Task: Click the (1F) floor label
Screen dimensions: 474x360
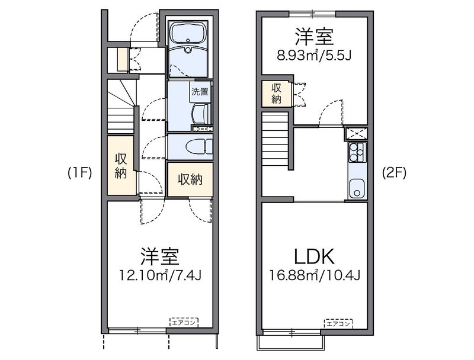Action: (79, 173)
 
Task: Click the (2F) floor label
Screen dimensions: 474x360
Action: (394, 173)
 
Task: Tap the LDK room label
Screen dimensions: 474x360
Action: (315, 256)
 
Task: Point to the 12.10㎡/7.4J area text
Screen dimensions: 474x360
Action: (160, 275)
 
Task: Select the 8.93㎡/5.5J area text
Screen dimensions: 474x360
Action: (314, 56)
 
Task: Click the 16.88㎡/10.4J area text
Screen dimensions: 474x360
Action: (315, 275)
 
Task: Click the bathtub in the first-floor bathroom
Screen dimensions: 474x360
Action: (188, 33)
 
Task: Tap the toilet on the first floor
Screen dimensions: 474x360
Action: (197, 146)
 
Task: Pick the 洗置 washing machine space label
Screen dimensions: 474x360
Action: (200, 92)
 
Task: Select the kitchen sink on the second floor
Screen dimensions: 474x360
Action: (357, 189)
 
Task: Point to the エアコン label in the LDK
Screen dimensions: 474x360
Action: (338, 324)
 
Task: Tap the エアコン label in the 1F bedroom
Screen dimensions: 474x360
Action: (184, 323)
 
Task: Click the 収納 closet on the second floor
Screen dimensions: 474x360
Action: (276, 94)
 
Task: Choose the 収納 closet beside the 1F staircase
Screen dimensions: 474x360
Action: (121, 166)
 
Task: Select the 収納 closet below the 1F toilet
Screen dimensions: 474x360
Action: (190, 179)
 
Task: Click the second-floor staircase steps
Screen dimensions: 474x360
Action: (275, 139)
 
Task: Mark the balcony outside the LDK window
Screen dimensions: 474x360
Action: (291, 342)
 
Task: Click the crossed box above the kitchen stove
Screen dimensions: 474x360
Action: (356, 133)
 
